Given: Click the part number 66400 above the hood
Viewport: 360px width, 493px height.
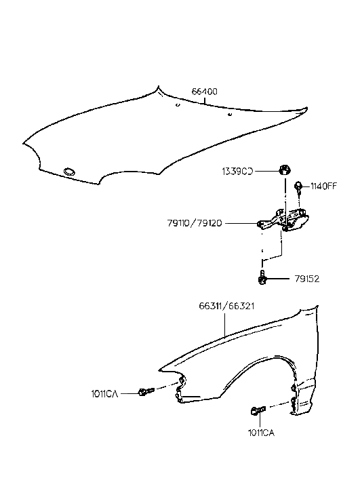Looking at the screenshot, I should pos(204,92).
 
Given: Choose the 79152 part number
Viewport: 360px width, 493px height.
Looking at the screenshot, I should pos(306,278).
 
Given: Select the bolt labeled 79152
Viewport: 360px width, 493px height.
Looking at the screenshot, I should pos(262,277).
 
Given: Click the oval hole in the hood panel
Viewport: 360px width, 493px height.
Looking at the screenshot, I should pos(69,171).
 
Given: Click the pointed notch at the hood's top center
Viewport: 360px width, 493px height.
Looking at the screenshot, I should pos(160,89).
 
